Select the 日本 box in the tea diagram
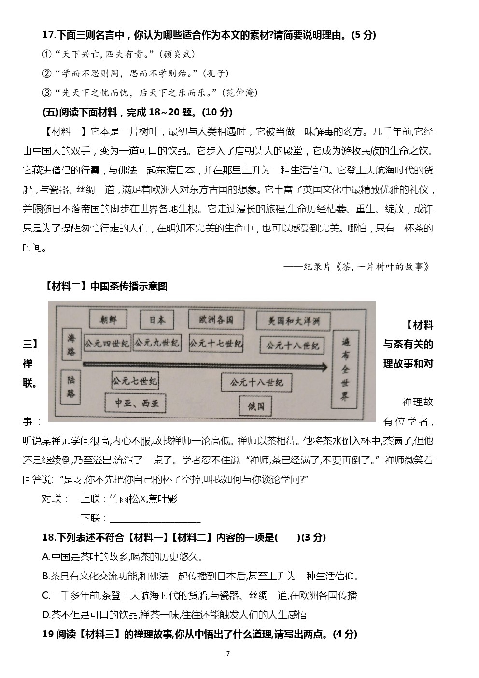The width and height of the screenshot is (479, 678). coord(157,319)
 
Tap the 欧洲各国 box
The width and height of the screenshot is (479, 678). coord(216,319)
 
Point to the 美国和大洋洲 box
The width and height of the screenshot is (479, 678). coord(293,320)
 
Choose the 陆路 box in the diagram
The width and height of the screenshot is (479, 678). coord(71,387)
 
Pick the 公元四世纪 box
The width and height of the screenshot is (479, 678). coord(107,344)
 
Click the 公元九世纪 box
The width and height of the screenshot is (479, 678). coord(156,343)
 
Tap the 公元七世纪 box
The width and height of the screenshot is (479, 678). coord(135,381)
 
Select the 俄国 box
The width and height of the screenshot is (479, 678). coord(256,406)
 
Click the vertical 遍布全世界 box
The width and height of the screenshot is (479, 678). coord(345,370)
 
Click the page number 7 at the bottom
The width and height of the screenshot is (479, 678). coord(228,654)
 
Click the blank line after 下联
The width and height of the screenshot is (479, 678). coord(155,519)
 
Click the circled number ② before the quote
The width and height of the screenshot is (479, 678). coord(47,73)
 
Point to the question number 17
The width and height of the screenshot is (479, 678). coord(48,35)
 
